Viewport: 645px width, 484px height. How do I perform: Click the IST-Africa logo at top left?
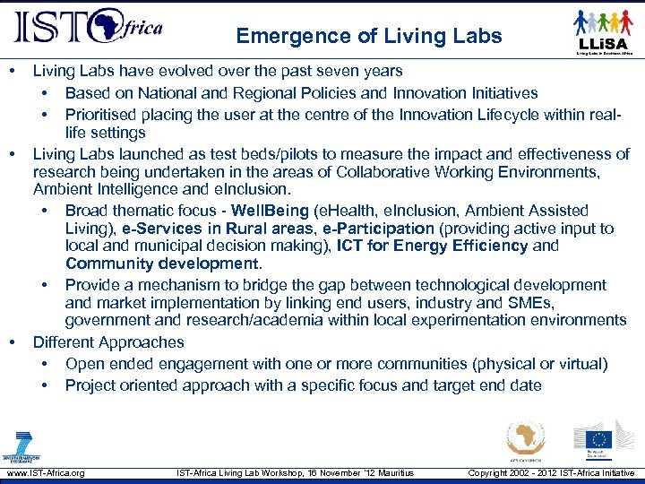(87, 28)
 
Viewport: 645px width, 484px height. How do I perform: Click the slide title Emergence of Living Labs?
(369, 37)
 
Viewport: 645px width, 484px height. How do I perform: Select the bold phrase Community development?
(162, 264)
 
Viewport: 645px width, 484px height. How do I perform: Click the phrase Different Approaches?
(108, 342)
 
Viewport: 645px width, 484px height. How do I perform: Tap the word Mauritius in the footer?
(393, 472)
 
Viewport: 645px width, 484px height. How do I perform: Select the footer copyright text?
(551, 472)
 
